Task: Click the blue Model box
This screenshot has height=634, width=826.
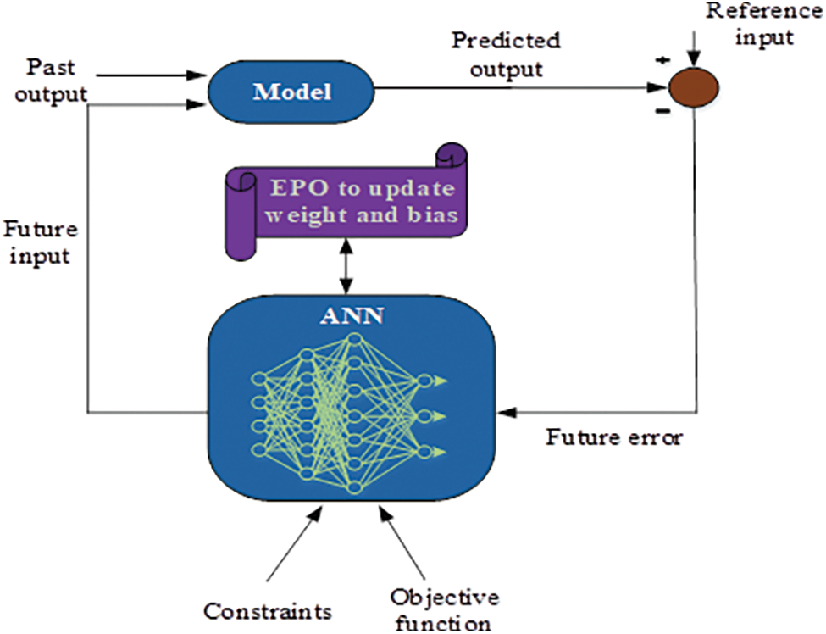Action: coord(291,92)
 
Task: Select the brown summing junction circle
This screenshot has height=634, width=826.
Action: coord(694,87)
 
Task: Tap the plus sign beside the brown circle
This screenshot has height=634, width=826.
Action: coord(662,60)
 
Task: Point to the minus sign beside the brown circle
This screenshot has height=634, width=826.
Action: coord(662,111)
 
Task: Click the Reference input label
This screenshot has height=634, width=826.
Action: coord(765,25)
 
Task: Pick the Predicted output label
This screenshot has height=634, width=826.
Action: coord(506,55)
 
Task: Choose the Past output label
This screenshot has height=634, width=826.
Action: coord(51,81)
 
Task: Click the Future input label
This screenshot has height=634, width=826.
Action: coord(41,243)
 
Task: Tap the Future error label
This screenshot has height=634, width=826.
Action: coord(614,437)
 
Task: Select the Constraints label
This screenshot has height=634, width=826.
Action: coord(268,611)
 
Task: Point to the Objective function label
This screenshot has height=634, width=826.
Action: coord(444,609)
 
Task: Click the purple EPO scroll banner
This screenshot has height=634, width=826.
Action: coord(346,202)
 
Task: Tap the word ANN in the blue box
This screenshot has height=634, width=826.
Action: coord(352,315)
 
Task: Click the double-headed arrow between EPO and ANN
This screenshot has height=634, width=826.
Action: coord(346,266)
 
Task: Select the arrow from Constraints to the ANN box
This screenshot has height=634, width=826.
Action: coord(294,542)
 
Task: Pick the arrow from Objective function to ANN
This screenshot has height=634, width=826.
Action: coord(402,542)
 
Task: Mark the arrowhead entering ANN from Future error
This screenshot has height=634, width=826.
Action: coord(507,413)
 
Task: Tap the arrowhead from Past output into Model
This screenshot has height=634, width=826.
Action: coord(196,75)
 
